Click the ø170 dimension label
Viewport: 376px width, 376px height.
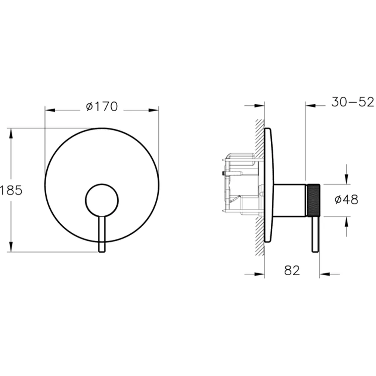(x=102, y=106)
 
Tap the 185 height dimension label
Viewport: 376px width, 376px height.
(x=11, y=190)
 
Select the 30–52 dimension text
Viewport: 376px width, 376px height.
(x=353, y=102)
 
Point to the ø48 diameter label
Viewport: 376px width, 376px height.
(x=346, y=199)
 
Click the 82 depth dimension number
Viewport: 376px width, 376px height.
(x=292, y=270)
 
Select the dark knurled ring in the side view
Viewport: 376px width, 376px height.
(x=314, y=200)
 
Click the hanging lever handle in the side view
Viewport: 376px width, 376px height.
(x=315, y=234)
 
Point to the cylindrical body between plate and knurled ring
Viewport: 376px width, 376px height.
(x=290, y=200)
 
